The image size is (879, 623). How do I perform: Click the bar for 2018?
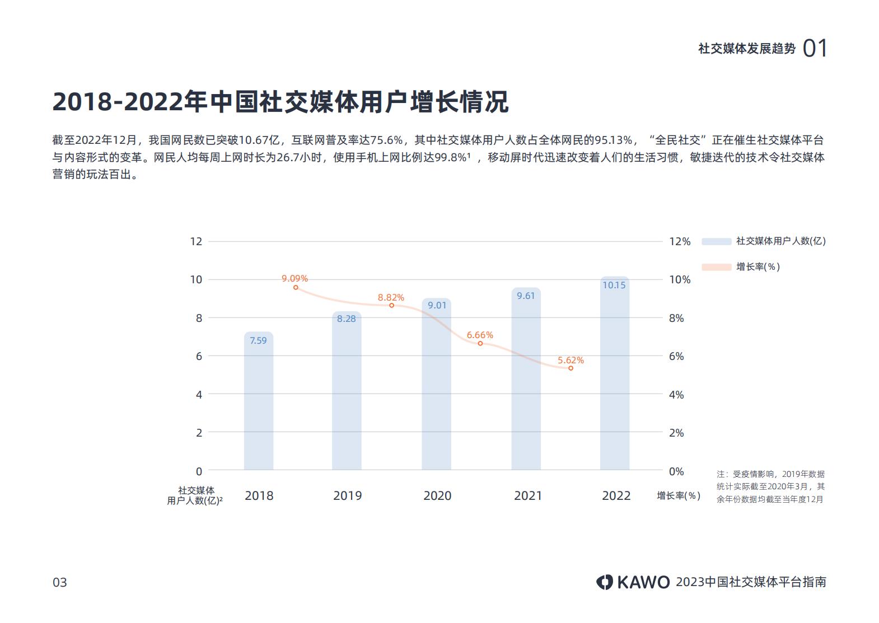(258, 403)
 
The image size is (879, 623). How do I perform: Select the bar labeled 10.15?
(614, 375)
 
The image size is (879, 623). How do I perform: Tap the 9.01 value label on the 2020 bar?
(437, 305)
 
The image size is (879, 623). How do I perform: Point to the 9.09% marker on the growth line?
(296, 287)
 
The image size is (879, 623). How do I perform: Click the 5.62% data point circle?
(571, 368)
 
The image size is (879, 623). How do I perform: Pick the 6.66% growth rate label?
(480, 335)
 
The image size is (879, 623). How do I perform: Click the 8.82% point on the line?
(391, 305)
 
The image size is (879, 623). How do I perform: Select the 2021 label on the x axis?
(527, 495)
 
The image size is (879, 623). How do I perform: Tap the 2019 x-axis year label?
(347, 495)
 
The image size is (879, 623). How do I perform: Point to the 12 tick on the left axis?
(196, 241)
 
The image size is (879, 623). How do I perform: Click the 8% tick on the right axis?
(676, 318)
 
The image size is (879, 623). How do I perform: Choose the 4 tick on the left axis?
(199, 394)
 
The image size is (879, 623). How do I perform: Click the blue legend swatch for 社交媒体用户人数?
(716, 241)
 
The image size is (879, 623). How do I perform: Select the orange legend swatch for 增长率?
(716, 267)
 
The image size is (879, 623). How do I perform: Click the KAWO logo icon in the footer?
(604, 582)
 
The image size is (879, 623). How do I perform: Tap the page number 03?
(59, 582)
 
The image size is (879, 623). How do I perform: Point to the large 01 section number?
(815, 49)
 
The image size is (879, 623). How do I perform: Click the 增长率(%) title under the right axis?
(678, 495)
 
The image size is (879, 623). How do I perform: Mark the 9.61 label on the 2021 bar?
(525, 296)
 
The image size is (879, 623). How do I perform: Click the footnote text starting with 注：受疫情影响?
(770, 486)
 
